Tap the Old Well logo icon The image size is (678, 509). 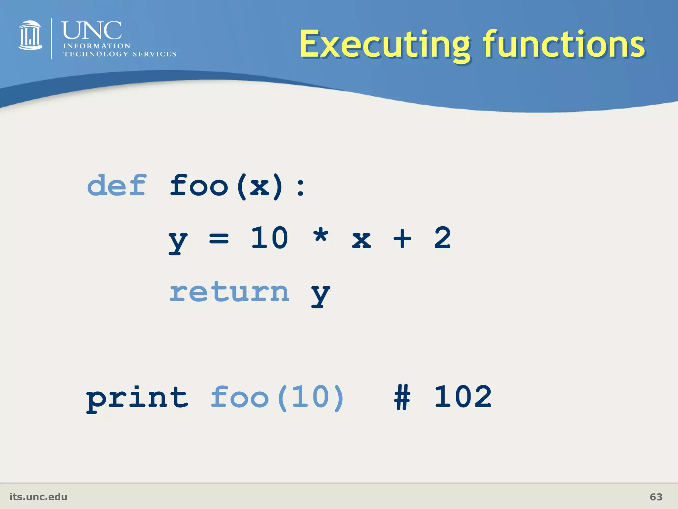point(30,35)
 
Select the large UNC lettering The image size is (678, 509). point(92,30)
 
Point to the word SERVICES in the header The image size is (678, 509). point(154,54)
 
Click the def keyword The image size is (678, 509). point(117,185)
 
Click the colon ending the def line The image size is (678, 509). point(301,187)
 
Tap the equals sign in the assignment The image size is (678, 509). point(219,238)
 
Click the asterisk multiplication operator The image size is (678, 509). point(321,236)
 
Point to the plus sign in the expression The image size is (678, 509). point(402,238)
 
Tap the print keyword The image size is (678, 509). point(137,399)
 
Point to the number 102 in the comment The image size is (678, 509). point(463,397)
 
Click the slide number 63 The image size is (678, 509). point(656,497)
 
